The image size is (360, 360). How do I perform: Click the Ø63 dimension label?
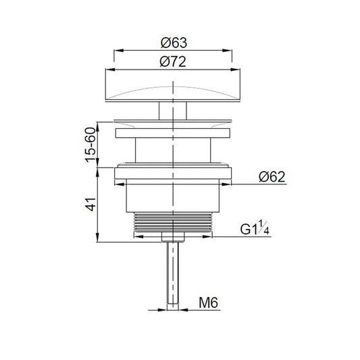click(174, 43)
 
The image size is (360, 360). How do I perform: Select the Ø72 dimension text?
click(173, 62)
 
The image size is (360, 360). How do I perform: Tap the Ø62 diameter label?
click(272, 177)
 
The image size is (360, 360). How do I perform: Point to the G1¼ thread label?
click(255, 228)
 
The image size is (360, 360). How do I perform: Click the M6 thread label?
click(208, 303)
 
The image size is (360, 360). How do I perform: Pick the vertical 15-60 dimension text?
click(91, 145)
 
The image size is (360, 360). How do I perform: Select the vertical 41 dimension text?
click(91, 204)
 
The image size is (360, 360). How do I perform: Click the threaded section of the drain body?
click(173, 222)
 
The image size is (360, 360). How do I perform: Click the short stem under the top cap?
click(173, 111)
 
